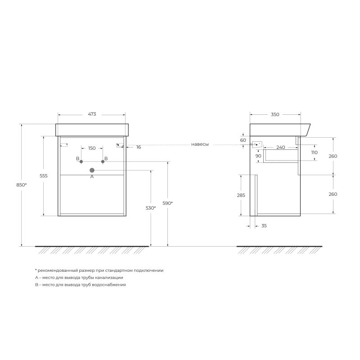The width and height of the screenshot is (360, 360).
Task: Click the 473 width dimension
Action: (x=92, y=114)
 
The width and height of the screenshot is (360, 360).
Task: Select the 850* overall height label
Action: (x=22, y=185)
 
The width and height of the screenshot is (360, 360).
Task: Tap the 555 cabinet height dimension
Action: (x=44, y=176)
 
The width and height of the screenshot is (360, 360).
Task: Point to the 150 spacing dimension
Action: (x=92, y=148)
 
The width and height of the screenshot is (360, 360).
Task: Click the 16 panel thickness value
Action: (x=139, y=147)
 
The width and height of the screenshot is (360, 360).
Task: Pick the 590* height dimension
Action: (x=167, y=203)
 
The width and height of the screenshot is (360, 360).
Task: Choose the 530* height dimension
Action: (x=151, y=208)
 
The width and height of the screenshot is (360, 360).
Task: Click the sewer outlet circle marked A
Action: (x=92, y=170)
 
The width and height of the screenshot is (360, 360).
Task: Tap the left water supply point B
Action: (x=81, y=162)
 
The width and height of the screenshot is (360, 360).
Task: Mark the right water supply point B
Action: (x=103, y=162)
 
